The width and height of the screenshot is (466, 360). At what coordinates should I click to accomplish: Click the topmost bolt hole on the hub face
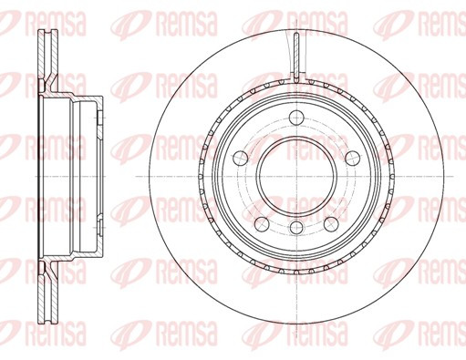[296, 118]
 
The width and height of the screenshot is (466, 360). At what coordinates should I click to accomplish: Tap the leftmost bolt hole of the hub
[241, 158]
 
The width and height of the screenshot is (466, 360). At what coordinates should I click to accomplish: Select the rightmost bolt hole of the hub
[353, 159]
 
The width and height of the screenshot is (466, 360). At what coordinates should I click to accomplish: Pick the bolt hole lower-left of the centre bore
[262, 224]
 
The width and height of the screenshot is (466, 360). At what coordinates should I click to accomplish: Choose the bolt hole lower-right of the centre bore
[331, 224]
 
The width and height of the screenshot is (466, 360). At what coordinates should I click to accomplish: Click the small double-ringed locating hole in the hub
[296, 228]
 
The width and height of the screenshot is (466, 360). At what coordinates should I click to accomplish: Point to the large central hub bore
[296, 176]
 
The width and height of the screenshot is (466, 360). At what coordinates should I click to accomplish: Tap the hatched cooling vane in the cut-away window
[296, 57]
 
